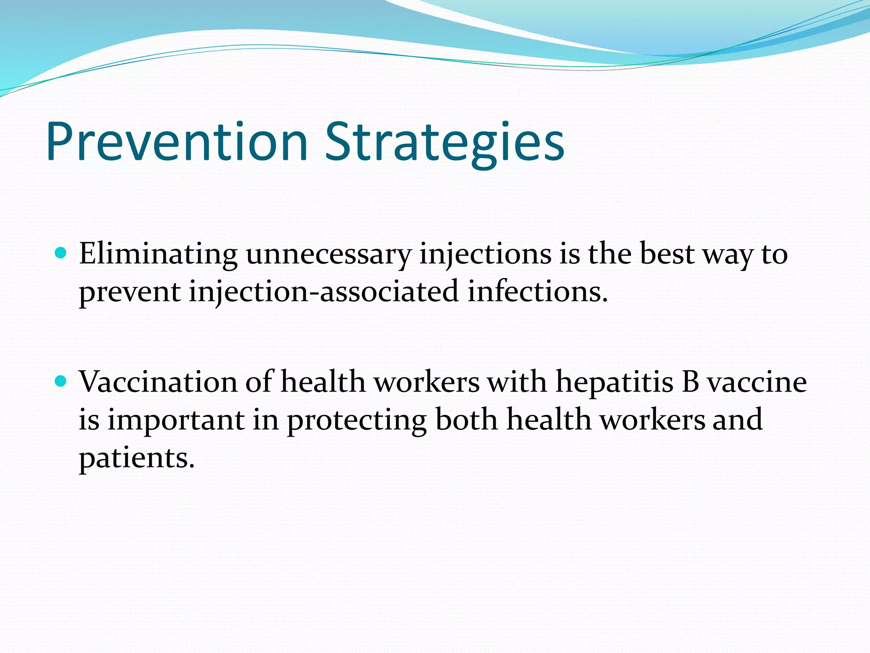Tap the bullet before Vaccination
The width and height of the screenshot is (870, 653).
62,381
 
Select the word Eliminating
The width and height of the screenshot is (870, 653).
158,254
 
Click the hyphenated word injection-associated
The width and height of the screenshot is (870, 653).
324,292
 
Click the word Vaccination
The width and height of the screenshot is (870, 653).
158,382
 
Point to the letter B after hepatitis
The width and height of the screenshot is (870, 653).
690,382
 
